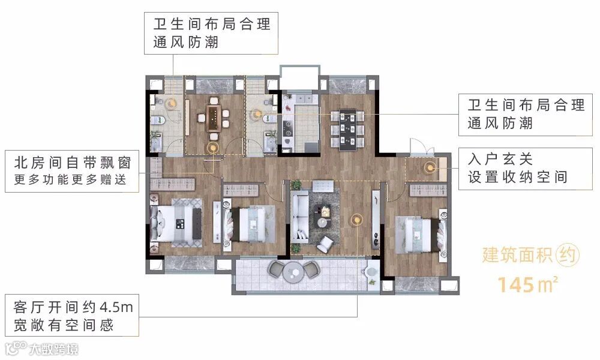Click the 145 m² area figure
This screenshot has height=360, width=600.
(x=528, y=284)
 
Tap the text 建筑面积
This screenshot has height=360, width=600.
(x=517, y=255)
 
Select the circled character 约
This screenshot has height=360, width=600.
(x=568, y=255)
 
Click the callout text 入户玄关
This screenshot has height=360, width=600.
(x=500, y=159)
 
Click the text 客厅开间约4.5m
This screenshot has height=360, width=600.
(x=73, y=307)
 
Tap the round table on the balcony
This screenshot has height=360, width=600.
(x=293, y=273)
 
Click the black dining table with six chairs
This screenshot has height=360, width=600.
(x=347, y=128)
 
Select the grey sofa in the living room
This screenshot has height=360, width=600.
(x=299, y=217)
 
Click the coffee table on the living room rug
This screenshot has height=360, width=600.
(x=323, y=215)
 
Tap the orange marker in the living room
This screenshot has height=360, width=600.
(x=356, y=219)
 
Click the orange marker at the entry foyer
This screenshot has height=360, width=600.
(x=430, y=167)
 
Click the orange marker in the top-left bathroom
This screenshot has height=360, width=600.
(x=171, y=103)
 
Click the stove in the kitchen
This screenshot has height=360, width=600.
(x=287, y=128)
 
